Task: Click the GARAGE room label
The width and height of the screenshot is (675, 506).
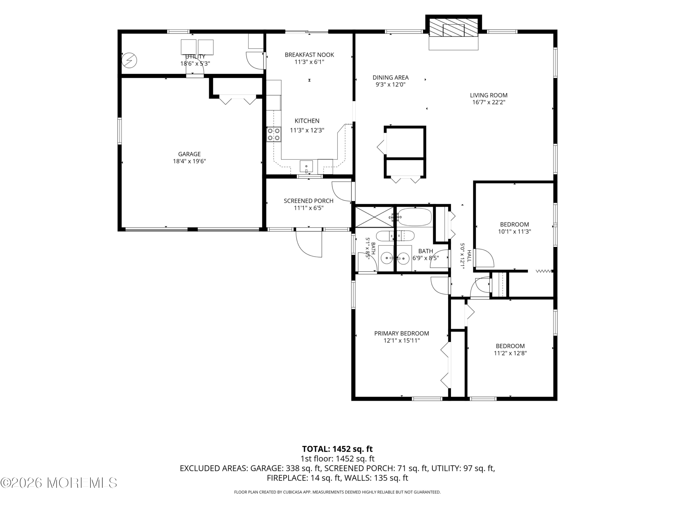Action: coord(189,154)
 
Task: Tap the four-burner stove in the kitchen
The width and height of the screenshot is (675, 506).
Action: coord(274,134)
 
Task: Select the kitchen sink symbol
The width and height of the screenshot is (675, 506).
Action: coord(306,167)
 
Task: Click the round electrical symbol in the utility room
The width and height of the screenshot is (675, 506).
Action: coord(129,60)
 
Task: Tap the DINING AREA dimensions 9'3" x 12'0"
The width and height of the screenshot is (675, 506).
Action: coord(390,85)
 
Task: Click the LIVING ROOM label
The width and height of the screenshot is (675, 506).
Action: coord(489,95)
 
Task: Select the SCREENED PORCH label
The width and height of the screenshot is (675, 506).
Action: coord(308,201)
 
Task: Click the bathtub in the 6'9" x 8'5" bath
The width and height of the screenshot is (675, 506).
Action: coord(415,217)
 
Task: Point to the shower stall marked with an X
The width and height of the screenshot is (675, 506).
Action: coord(374,217)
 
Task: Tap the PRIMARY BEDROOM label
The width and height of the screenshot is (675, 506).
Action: coord(402,333)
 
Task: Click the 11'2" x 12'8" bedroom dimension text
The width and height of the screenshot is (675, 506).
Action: coord(510,353)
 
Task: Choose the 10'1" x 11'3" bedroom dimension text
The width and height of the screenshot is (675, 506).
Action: coord(514,231)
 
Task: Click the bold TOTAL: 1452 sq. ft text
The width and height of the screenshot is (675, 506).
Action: coord(337,449)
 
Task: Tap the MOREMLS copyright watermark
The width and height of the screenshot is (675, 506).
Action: coord(59,483)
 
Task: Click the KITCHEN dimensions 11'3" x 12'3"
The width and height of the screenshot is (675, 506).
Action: coord(307,130)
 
